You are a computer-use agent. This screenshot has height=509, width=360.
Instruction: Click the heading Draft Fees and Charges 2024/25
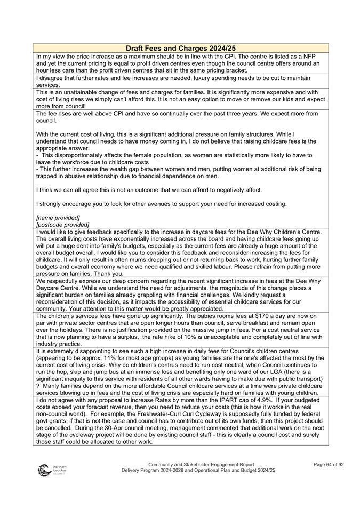point(180,48)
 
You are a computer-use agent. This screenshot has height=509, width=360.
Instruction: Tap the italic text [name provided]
point(58,218)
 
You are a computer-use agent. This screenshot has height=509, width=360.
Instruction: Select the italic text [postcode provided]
point(62,225)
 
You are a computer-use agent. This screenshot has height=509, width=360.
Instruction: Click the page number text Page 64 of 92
point(329,464)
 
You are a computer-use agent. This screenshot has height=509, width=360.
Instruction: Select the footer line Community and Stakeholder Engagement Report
point(201,464)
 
